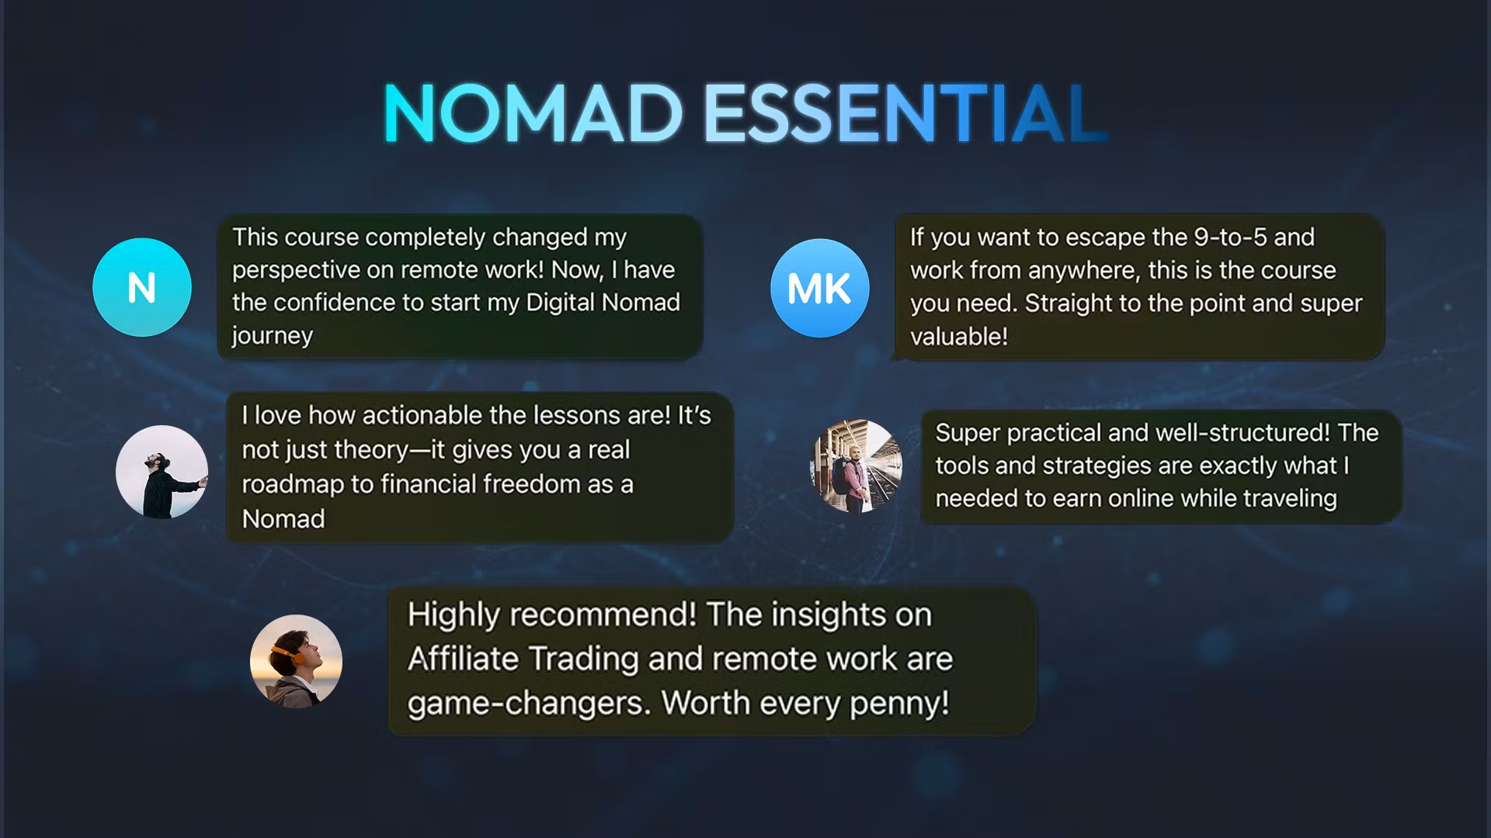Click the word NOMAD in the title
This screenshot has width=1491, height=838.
(533, 113)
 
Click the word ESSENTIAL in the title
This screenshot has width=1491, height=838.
(905, 113)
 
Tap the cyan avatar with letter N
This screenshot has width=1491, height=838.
(142, 287)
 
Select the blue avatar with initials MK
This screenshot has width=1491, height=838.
(819, 288)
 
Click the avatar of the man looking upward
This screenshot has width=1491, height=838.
(162, 472)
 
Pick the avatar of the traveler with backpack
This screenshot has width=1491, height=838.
(856, 466)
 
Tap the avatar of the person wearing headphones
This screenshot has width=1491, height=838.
(296, 661)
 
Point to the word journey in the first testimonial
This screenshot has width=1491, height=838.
(272, 335)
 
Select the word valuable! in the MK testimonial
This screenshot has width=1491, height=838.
(959, 336)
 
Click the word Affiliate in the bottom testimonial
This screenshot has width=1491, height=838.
(463, 659)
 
